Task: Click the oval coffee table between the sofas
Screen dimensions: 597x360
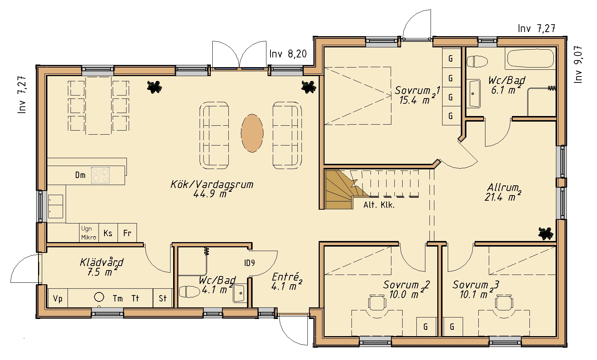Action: point(252,133)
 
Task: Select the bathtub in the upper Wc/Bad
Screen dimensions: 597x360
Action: point(530,58)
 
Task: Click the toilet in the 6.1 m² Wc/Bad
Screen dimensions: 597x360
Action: point(477,62)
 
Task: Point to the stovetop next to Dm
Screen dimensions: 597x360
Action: point(100,175)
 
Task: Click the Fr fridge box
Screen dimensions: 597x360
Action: point(127,233)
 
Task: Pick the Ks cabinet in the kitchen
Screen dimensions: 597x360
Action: point(108,233)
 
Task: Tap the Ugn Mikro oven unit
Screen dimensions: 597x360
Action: point(89,233)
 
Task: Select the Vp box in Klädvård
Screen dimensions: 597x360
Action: point(57,298)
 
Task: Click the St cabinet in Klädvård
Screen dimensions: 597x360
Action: point(163,298)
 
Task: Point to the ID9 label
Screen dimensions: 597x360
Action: point(250,263)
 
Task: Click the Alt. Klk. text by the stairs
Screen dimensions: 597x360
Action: point(379,205)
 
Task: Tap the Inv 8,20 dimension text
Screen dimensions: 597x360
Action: point(288,54)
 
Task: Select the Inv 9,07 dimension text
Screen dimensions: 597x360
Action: point(578,65)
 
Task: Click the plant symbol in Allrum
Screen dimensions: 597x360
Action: point(546,234)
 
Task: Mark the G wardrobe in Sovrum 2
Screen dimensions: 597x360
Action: point(426,327)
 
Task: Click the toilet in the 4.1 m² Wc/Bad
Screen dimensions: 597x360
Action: point(189,291)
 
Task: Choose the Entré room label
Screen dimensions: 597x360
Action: point(287,281)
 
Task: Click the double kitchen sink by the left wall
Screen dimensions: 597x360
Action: point(56,207)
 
